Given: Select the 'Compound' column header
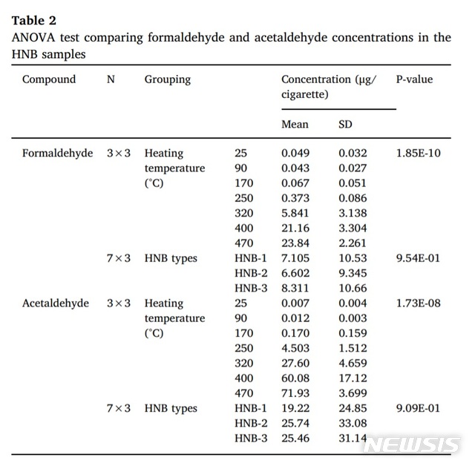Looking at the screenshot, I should click(x=49, y=79).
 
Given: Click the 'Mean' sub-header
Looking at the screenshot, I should click(x=295, y=125).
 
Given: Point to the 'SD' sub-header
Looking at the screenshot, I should click(x=345, y=125).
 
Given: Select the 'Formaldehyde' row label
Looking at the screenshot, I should click(x=58, y=154).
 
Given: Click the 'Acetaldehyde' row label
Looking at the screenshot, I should click(x=56, y=303).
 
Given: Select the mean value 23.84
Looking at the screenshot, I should click(x=295, y=243).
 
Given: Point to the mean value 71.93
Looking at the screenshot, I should click(x=295, y=393).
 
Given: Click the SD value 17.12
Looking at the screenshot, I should click(x=352, y=378).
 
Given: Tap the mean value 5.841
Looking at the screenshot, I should click(x=295, y=214).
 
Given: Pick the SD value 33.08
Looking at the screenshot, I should click(x=352, y=423).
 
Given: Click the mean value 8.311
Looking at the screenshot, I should click(x=295, y=288).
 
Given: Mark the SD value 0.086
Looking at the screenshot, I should click(x=353, y=198).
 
